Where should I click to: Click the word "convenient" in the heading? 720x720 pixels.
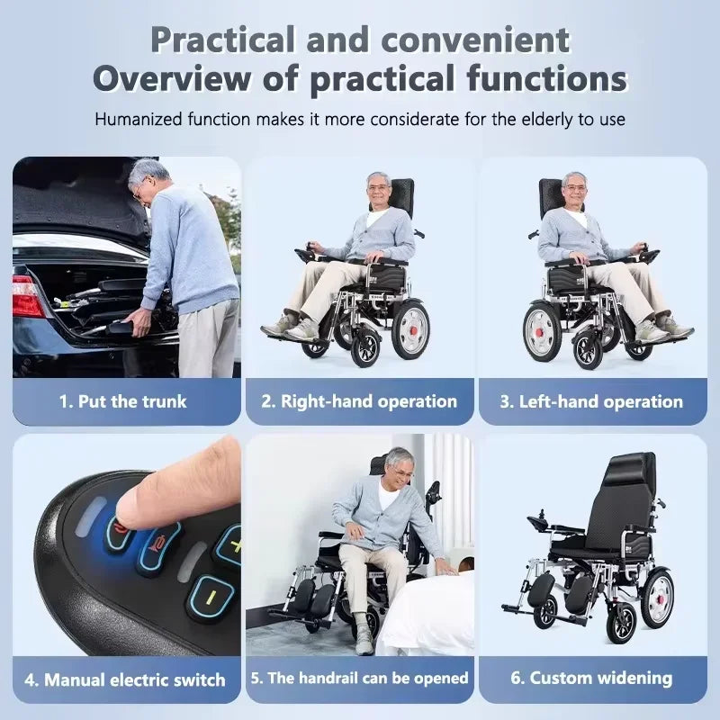coord(475,40)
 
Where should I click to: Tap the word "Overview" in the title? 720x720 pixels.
coord(172,78)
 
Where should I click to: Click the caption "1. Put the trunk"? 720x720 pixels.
coord(123,401)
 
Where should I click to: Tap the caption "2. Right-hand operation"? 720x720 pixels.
coord(359,401)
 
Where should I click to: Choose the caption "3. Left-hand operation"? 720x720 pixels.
coord(591,401)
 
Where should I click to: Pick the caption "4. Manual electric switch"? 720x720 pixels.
coord(125,680)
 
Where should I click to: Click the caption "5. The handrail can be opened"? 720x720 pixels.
coord(359,679)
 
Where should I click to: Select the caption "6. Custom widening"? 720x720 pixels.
coord(591,679)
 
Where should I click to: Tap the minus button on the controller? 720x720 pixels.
coord(211,597)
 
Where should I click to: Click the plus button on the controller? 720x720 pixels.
coord(229,546)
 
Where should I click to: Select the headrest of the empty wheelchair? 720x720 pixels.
coord(633,468)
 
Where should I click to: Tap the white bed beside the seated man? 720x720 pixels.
coord(425,611)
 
